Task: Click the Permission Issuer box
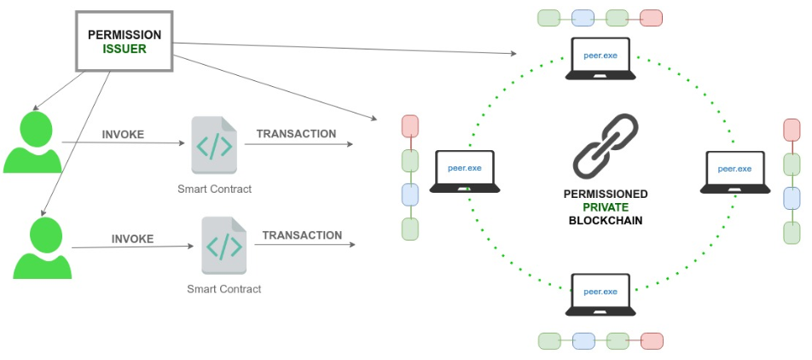click(x=125, y=41)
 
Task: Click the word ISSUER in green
click(x=125, y=49)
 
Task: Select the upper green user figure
click(x=33, y=145)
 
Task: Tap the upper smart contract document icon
click(x=213, y=145)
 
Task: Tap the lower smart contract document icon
click(x=223, y=246)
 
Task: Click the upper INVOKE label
click(x=123, y=135)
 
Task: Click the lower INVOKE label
click(x=133, y=239)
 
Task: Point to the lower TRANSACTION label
click(x=302, y=235)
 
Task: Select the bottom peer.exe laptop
click(x=600, y=295)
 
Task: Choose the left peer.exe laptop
click(x=465, y=171)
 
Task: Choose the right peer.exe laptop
click(x=735, y=171)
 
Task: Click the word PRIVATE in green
click(x=606, y=207)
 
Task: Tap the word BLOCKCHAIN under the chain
click(x=606, y=220)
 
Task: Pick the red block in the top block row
click(x=651, y=17)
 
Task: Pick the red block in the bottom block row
click(x=652, y=340)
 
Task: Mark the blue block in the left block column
click(x=410, y=195)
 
